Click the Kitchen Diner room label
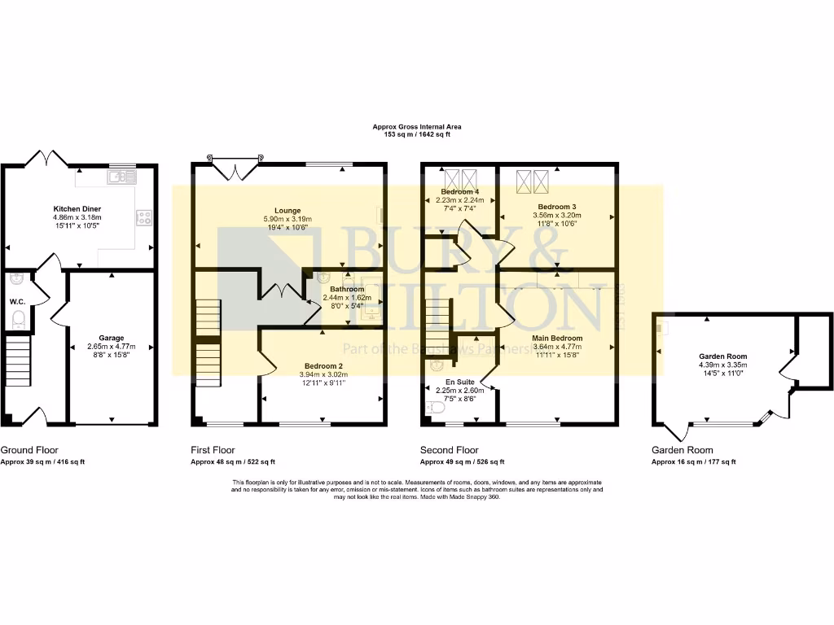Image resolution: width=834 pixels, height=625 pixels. [x=77, y=209]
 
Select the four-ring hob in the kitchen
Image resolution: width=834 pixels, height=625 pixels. [x=145, y=217]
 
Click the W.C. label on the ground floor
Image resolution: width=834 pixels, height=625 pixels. [x=17, y=301]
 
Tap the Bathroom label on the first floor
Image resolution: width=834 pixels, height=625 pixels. [x=346, y=289]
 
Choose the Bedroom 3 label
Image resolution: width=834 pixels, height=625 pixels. [x=555, y=207]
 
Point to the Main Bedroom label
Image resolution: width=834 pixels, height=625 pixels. [x=557, y=338]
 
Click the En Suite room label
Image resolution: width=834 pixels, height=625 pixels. [x=459, y=381]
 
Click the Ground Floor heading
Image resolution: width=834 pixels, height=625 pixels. [x=29, y=450]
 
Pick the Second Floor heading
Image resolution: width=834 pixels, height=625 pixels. [x=447, y=450]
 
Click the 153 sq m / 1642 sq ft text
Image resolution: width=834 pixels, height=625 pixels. [x=416, y=134]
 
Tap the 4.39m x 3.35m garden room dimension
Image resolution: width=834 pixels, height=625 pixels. [x=722, y=365]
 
